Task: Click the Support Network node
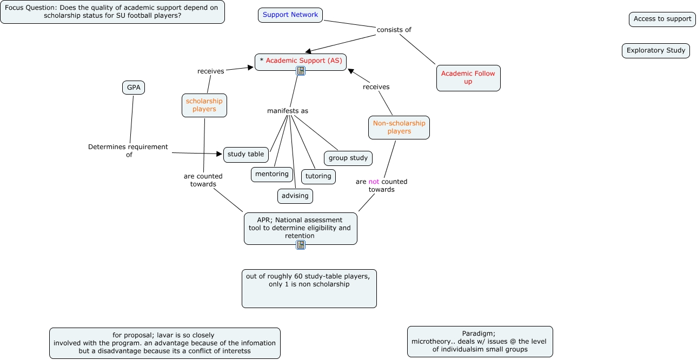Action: pos(290,15)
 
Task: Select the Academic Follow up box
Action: pos(468,78)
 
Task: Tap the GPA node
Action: pos(134,88)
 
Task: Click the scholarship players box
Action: pos(204,105)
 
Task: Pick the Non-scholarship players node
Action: pos(399,128)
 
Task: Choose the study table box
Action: pos(246,155)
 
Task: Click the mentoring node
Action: pos(272,174)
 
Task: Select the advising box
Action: pos(295,196)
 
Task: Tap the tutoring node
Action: pos(318,176)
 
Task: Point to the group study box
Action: pos(348,158)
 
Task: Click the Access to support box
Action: pos(662,19)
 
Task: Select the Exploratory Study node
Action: pos(656,51)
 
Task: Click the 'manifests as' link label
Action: pos(288,111)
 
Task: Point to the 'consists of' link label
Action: pos(394,30)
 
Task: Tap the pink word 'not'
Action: pos(374,182)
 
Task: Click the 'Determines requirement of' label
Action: pos(128,150)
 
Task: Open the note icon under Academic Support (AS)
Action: pos(301,71)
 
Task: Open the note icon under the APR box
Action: pos(301,245)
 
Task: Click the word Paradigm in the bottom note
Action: pos(479,334)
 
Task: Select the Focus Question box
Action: pos(112,12)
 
